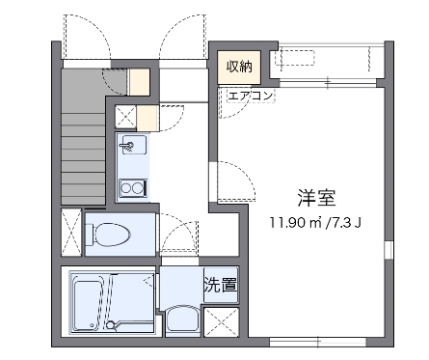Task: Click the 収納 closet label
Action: [239, 67]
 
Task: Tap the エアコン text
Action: [251, 96]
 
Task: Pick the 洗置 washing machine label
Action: [220, 286]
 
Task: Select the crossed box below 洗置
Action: [221, 322]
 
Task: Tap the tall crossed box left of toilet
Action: [71, 232]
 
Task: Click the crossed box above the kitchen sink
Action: [125, 118]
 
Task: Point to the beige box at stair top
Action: [140, 81]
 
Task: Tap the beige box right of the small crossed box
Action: [147, 118]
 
